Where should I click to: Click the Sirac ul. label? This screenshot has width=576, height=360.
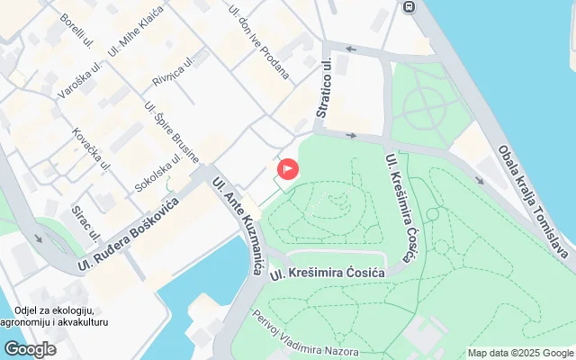click(86, 222)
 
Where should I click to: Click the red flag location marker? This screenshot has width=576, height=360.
click(289, 168)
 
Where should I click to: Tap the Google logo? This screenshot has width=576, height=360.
click(30, 349)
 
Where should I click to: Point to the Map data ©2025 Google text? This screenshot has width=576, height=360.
click(519, 353)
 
